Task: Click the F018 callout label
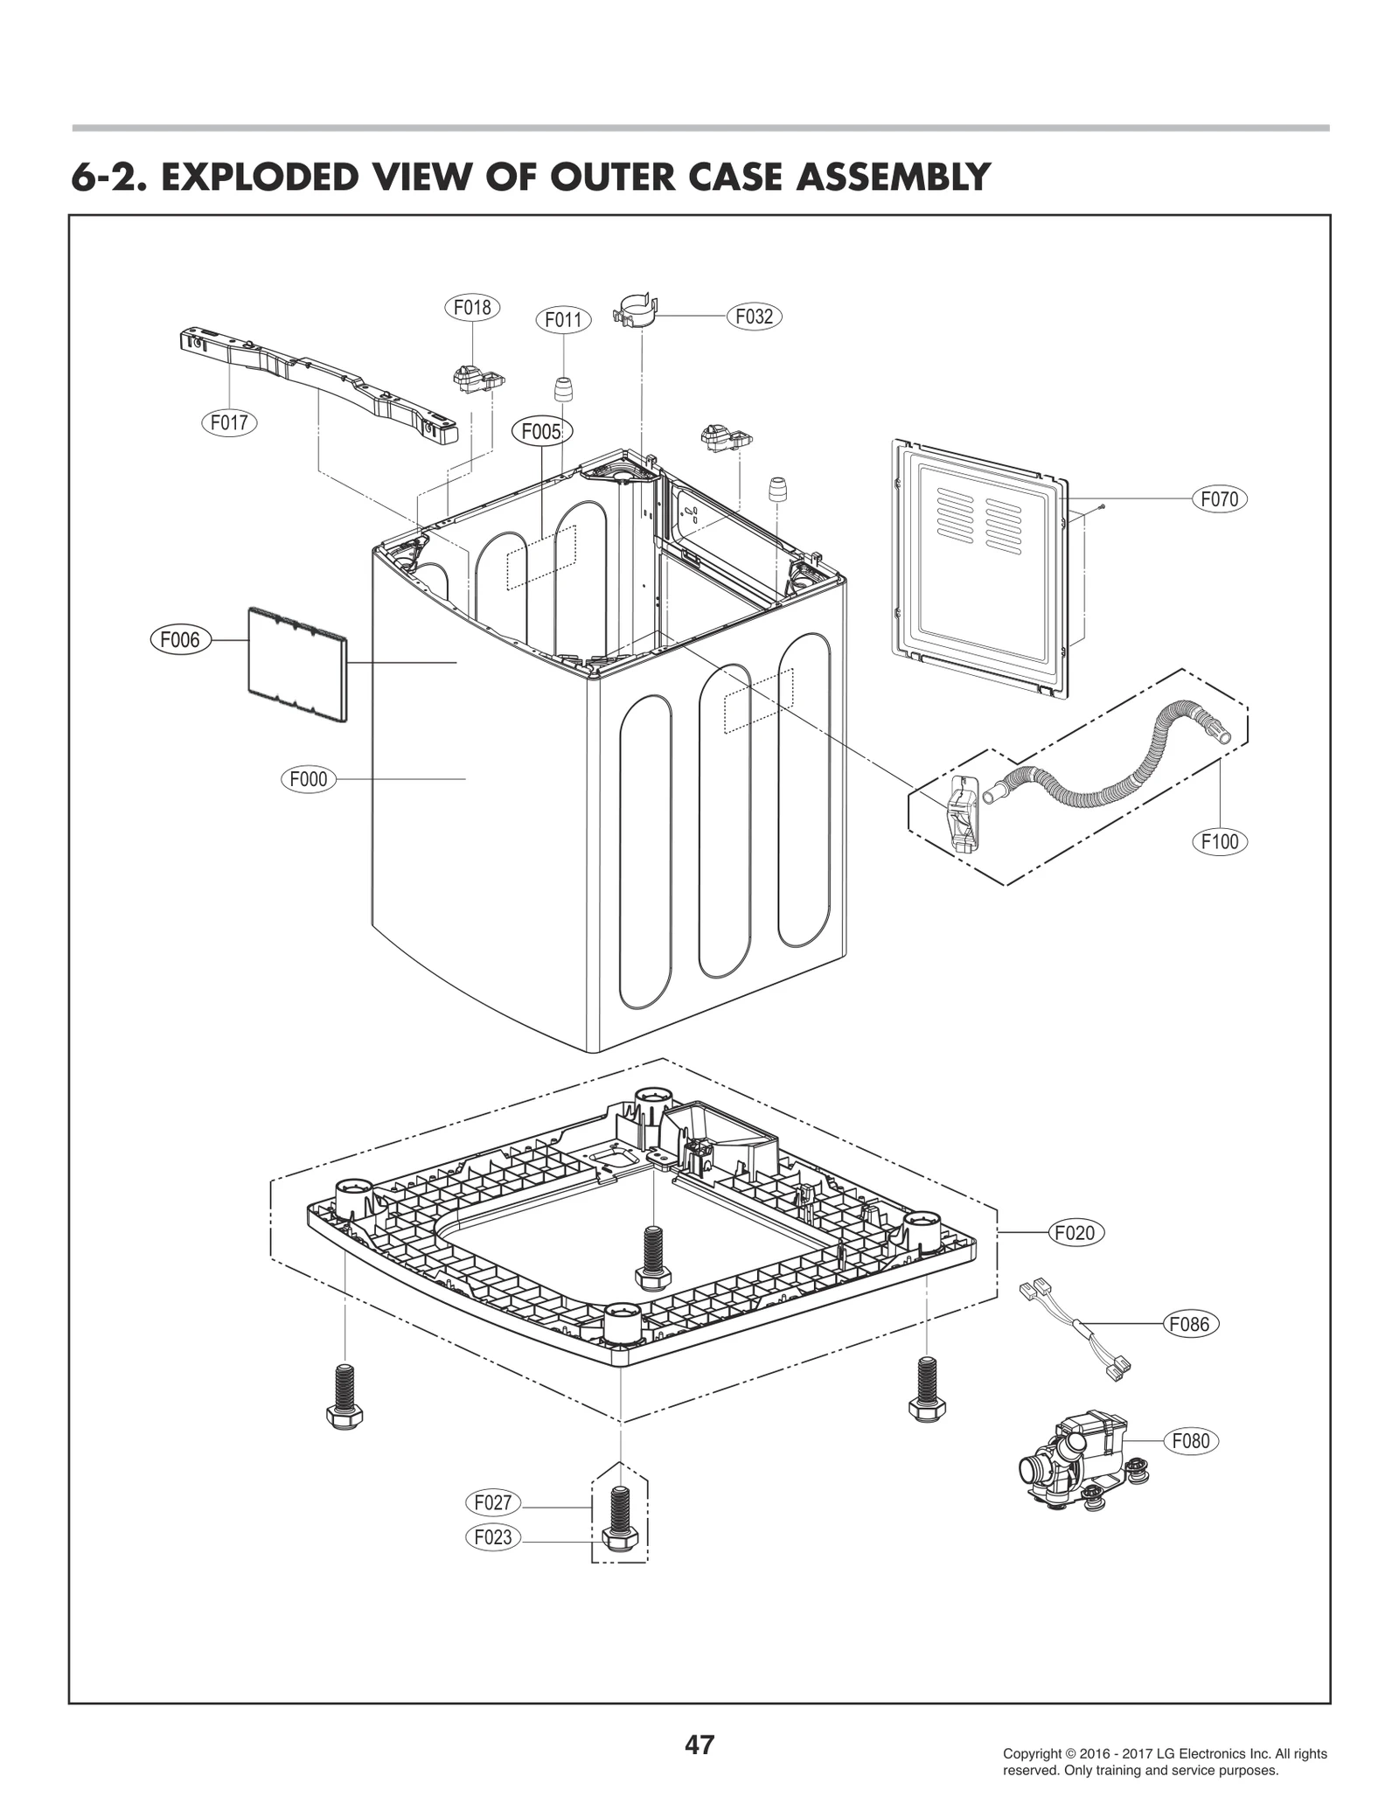tap(471, 308)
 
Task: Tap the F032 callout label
tap(754, 317)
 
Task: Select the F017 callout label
tap(229, 423)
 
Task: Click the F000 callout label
tap(309, 778)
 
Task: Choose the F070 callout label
tap(1220, 499)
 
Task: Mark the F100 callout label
tap(1220, 841)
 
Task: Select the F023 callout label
tap(493, 1561)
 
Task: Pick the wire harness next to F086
tap(1075, 1332)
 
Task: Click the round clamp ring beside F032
tap(637, 311)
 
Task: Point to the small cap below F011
tap(564, 387)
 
